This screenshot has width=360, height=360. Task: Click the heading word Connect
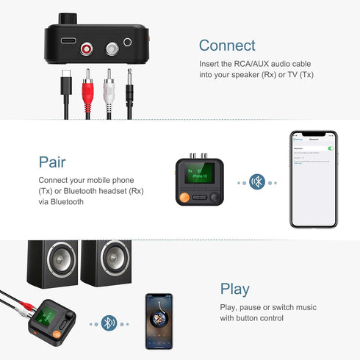[x=227, y=46]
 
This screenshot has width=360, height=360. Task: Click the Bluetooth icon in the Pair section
[x=257, y=181]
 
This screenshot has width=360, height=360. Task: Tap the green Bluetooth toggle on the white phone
[x=331, y=148]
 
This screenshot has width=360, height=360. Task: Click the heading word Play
[x=234, y=289]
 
